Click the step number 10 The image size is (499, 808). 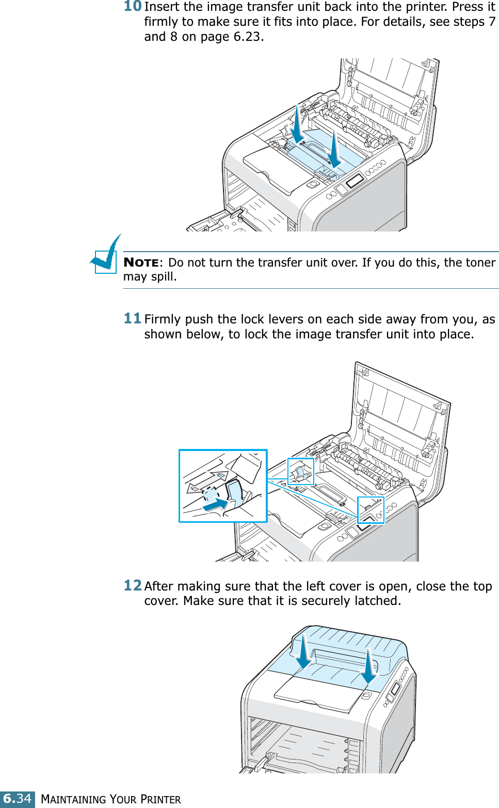(133, 6)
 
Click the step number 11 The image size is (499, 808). (132, 318)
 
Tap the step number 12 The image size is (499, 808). (133, 585)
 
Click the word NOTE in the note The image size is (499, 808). (141, 262)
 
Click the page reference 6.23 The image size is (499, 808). (247, 37)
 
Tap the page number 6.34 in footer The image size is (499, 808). (18, 799)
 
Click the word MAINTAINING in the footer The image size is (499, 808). (74, 800)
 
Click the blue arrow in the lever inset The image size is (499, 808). (216, 504)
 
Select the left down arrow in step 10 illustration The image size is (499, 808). (297, 126)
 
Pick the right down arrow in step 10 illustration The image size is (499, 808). (334, 150)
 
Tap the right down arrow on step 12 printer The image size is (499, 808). (369, 667)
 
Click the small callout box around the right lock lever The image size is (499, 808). (371, 510)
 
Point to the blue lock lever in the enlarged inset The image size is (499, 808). (235, 492)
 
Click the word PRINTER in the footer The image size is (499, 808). (160, 800)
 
